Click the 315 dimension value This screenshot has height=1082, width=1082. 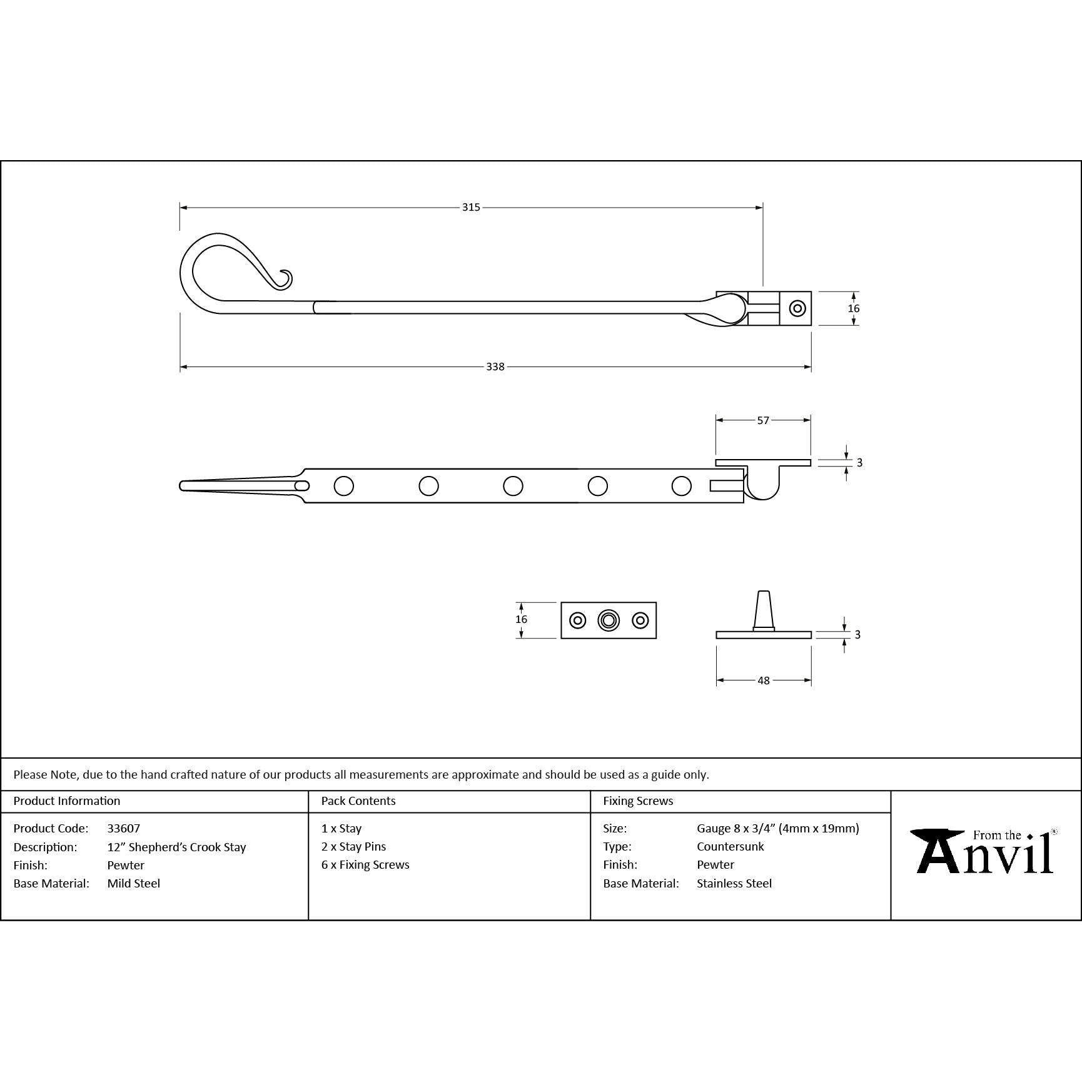click(x=471, y=207)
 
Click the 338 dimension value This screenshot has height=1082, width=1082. click(x=495, y=367)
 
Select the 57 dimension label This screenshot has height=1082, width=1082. click(x=763, y=420)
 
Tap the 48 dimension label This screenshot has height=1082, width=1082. click(x=764, y=680)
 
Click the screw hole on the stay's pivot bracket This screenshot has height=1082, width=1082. click(x=797, y=308)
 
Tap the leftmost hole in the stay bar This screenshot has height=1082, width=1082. click(x=344, y=486)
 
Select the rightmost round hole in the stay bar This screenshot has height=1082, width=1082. click(x=682, y=486)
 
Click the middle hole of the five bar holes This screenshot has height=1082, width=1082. click(x=513, y=486)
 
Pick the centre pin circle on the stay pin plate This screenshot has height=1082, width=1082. click(x=609, y=620)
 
